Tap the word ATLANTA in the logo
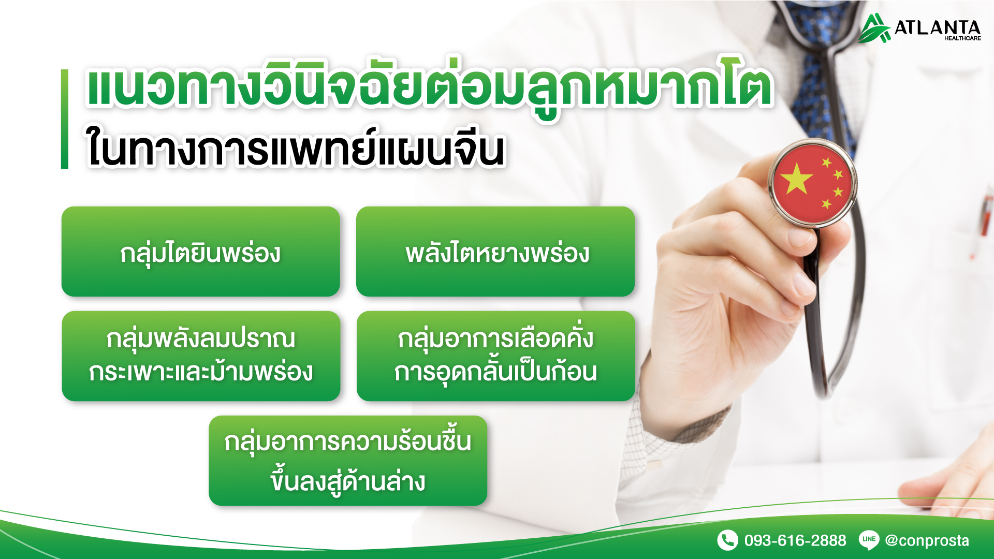tap(938, 27)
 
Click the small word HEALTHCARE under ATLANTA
tap(962, 38)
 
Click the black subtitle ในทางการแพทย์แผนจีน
tap(295, 149)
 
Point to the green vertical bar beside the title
tap(65, 119)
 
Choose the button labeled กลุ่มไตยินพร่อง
tap(201, 252)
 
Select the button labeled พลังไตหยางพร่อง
tap(495, 252)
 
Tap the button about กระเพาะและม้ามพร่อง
tap(201, 356)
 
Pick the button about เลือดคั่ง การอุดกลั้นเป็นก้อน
tap(496, 356)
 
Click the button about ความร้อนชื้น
tap(348, 461)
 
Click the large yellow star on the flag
tap(797, 179)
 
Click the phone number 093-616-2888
tap(795, 540)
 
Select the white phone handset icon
tap(727, 540)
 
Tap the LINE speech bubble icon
tap(869, 540)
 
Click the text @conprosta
tap(927, 540)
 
